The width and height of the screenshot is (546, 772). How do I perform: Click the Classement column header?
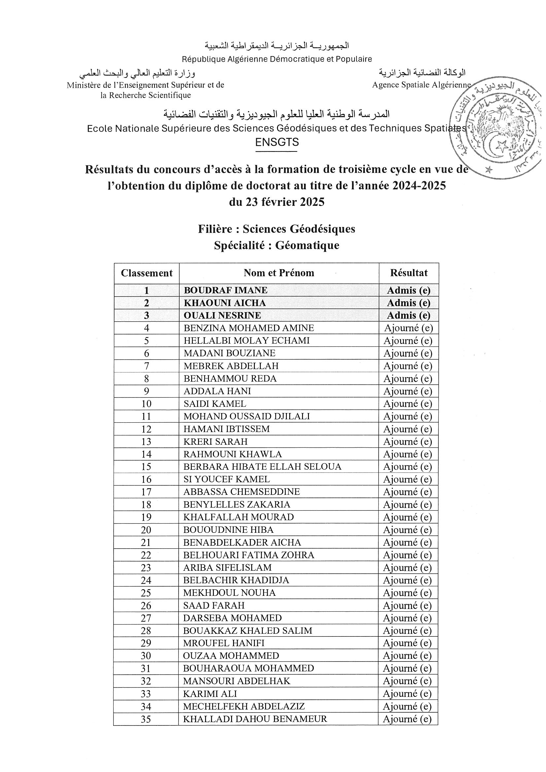(147, 273)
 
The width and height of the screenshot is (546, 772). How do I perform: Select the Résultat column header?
(409, 273)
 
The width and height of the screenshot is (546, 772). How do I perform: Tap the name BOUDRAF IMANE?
(225, 290)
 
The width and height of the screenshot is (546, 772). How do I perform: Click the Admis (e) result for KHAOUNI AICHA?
(408, 303)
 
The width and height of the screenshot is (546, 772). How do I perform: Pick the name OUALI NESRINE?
(222, 315)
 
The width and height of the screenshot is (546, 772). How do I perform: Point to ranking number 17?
(146, 492)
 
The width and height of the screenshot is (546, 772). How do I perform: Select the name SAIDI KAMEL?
(215, 403)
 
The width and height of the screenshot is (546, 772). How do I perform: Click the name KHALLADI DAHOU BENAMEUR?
(255, 719)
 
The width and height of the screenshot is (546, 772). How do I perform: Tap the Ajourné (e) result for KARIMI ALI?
(407, 694)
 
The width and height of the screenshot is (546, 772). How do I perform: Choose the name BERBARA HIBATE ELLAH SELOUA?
(262, 467)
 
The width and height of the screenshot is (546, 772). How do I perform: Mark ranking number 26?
(146, 606)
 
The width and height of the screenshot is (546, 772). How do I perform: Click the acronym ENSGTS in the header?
(277, 143)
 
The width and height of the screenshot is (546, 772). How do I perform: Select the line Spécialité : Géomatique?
(277, 245)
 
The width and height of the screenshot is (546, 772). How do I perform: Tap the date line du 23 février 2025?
(277, 202)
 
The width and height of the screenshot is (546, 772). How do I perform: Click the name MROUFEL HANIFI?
(224, 643)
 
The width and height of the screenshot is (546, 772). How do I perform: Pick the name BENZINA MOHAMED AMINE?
(249, 328)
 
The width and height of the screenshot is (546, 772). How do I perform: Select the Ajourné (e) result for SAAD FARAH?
(407, 606)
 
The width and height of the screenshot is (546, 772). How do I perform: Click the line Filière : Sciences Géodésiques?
(277, 229)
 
